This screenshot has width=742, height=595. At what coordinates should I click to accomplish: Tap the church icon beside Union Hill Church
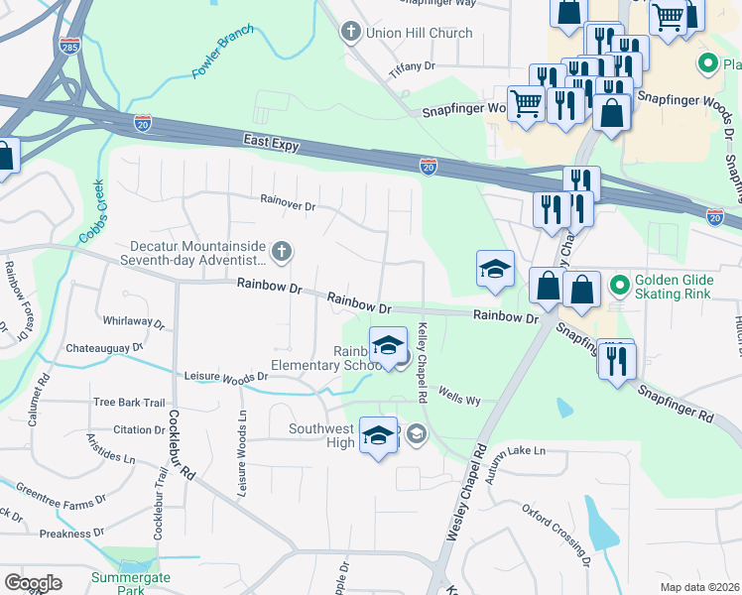click(x=349, y=33)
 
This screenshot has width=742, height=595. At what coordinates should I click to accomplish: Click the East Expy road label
click(x=273, y=143)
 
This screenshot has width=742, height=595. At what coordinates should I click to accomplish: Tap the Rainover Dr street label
click(x=287, y=206)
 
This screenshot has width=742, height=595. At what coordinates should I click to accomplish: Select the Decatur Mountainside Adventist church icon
click(x=282, y=252)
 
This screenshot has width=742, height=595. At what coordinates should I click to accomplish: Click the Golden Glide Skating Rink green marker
click(x=620, y=288)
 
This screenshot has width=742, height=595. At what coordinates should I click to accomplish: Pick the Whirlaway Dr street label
click(x=134, y=321)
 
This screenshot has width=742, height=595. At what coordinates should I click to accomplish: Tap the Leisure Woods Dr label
click(x=227, y=376)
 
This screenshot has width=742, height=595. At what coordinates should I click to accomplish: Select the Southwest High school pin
click(x=378, y=436)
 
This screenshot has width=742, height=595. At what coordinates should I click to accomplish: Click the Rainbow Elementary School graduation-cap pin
click(x=388, y=345)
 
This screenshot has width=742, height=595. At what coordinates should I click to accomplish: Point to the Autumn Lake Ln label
click(x=516, y=451)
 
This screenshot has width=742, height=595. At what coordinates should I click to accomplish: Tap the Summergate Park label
click(x=131, y=583)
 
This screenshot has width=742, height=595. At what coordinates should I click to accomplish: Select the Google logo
click(x=33, y=583)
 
